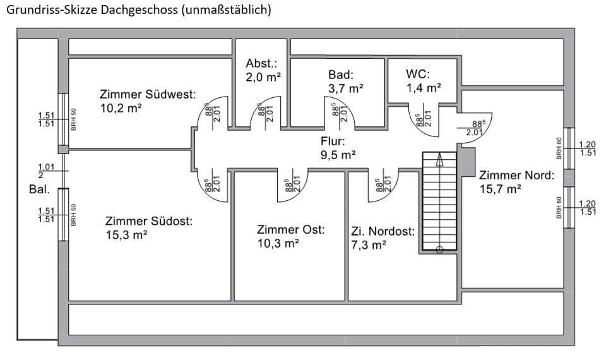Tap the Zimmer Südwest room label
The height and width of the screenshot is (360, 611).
tap(147, 95)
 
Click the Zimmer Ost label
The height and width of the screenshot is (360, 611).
tap(290, 230)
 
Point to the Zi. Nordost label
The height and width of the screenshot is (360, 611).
tap(383, 232)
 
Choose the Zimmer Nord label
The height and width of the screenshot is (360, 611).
tap(516, 175)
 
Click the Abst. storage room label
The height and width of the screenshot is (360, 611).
tap(261, 64)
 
